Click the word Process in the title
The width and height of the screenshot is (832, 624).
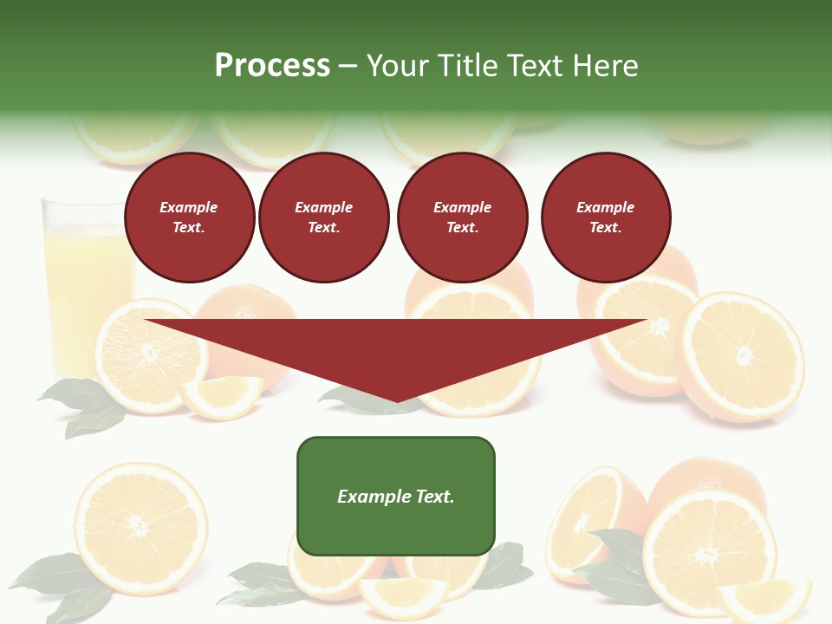(x=272, y=66)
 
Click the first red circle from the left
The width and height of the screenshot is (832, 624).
(x=189, y=218)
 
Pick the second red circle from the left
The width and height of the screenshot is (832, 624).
(x=324, y=218)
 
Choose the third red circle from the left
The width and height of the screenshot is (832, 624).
(x=462, y=218)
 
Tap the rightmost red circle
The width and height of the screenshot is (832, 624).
(x=606, y=218)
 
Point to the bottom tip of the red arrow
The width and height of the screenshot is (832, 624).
(x=397, y=400)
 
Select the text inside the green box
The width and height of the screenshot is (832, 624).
(x=396, y=497)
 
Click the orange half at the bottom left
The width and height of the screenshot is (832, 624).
(x=140, y=526)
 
